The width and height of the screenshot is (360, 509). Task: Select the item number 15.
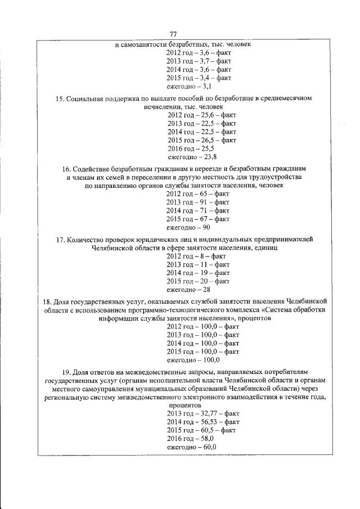(59, 99)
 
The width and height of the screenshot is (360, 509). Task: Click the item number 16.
(66, 169)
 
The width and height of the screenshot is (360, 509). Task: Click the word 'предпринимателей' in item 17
(274, 239)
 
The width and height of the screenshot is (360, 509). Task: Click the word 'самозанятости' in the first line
(145, 44)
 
